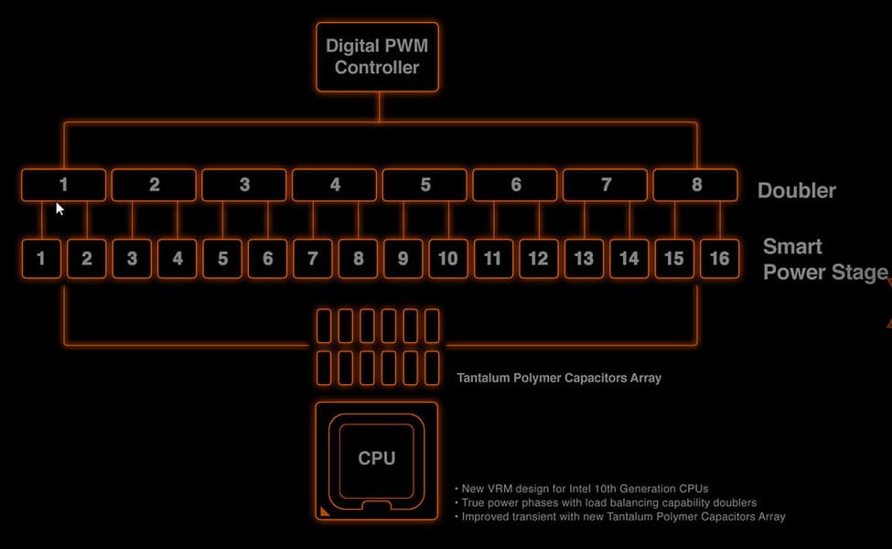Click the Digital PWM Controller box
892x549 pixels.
coord(377,57)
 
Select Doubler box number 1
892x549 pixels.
coord(63,185)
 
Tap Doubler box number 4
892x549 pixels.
coord(335,185)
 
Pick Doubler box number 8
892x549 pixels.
coord(695,185)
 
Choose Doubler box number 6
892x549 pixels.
coord(515,185)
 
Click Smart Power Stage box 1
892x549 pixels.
coord(41,259)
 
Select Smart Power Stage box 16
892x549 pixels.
coord(720,259)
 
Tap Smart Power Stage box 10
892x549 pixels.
coord(448,259)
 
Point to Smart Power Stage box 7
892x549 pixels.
coord(312,259)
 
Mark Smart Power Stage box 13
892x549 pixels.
coord(584,259)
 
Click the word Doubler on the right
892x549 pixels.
coord(797,190)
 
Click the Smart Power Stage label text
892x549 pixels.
coord(825,260)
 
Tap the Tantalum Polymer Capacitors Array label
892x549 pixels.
coord(559,378)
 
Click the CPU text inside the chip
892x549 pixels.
coord(377,458)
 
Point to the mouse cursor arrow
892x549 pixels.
coord(59,209)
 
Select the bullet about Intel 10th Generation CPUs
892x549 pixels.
coord(582,489)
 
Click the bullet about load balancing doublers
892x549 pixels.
coord(606,503)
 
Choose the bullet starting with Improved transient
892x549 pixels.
coord(620,517)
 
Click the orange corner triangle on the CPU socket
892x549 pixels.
coord(324,511)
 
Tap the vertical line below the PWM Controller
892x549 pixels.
coord(379,106)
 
